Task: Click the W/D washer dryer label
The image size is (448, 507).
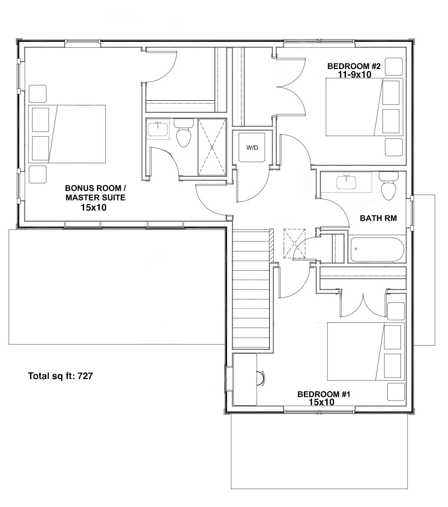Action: (x=252, y=148)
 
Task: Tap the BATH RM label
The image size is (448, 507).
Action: (x=378, y=218)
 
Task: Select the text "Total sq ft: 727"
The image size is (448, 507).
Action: (x=60, y=376)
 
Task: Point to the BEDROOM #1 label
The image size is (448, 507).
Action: (x=324, y=394)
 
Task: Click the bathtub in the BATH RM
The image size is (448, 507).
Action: (x=377, y=250)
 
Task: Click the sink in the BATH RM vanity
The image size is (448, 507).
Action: (x=346, y=182)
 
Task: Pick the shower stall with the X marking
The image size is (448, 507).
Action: (x=212, y=147)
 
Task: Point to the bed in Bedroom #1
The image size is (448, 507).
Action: (x=365, y=351)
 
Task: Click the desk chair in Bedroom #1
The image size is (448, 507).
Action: (x=261, y=378)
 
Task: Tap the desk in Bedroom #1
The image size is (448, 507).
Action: (x=245, y=379)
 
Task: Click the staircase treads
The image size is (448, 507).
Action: (x=251, y=289)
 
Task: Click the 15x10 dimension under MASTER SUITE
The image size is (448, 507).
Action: (x=93, y=207)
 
